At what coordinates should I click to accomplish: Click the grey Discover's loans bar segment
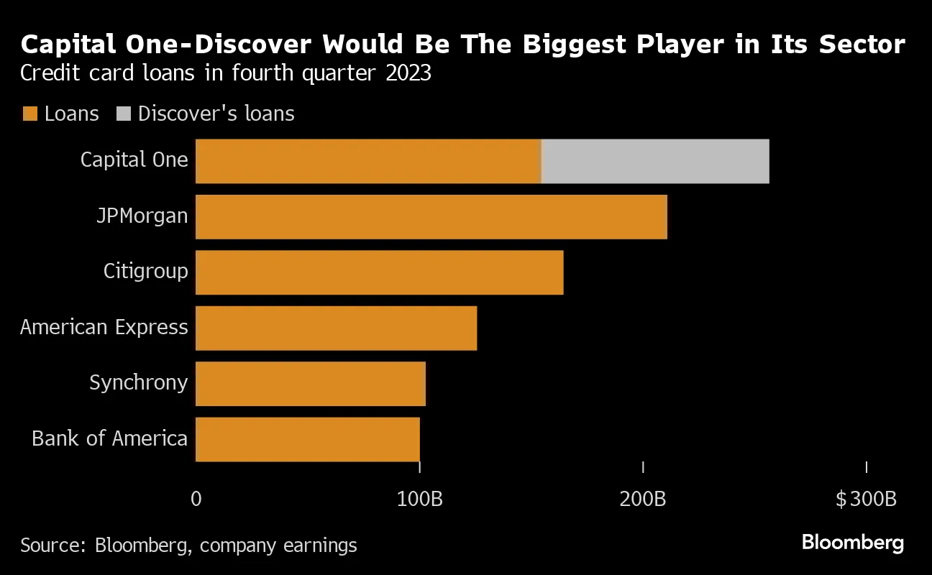656,161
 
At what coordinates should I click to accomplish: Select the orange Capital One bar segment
368,161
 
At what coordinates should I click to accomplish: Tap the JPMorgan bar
431,216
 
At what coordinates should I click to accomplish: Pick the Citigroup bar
380,272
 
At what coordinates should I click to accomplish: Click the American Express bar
337,328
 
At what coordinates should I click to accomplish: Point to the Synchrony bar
311,383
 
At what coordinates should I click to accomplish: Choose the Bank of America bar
308,439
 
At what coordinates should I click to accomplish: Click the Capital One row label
134,159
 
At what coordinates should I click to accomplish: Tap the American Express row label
104,327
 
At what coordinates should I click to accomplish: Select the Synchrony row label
138,382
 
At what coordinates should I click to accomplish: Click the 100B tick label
419,499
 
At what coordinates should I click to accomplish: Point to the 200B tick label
643,499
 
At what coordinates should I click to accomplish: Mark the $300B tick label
866,499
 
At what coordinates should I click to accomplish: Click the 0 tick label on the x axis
196,499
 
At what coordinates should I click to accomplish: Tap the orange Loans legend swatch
30,114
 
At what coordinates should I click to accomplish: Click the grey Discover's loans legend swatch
123,114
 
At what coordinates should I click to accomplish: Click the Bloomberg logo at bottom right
852,543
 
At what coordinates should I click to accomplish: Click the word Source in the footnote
52,545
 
